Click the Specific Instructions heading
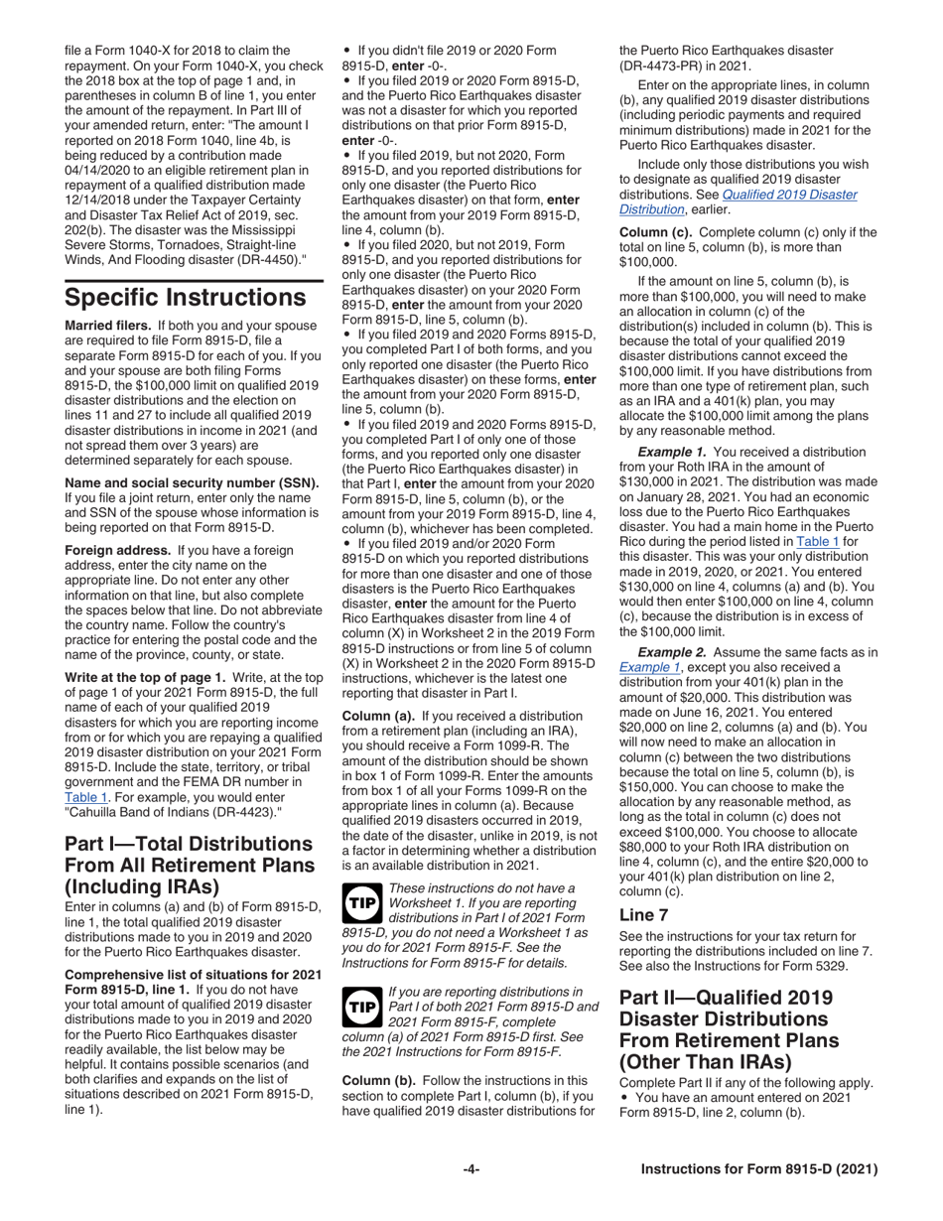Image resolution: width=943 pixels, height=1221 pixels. click(185, 298)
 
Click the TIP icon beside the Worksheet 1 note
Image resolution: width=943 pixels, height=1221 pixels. click(359, 900)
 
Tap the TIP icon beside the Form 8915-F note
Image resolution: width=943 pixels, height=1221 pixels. click(359, 1006)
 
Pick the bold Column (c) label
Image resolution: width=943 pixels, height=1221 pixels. click(656, 232)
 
